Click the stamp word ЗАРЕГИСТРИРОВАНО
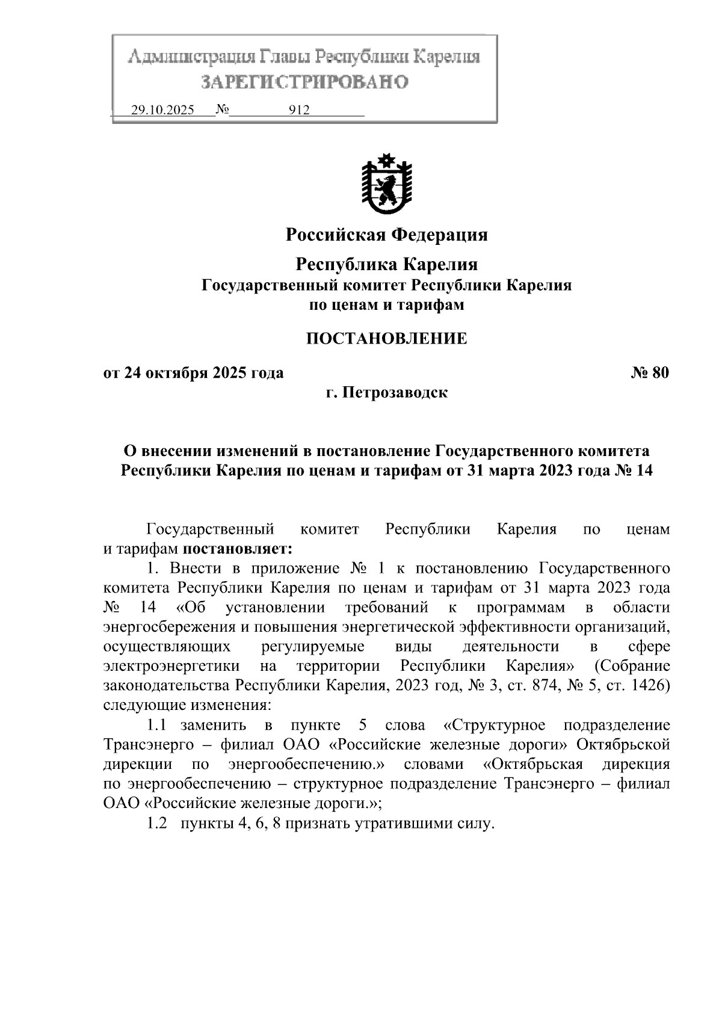pos(304,81)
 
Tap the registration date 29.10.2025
pos(162,111)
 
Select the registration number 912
pos(299,111)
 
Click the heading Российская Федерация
pos(386,235)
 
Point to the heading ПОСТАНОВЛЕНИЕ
pos(386,339)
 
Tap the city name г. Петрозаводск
pos(386,393)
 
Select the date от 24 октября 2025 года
pos(193,373)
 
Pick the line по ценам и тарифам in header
pos(386,305)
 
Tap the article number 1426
pos(646,686)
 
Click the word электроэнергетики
pos(171,666)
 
